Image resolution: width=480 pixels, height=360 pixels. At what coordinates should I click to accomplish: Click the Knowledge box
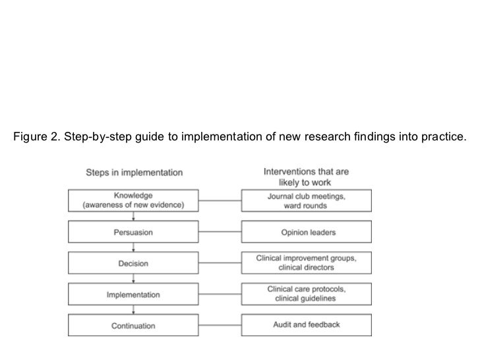[x=133, y=200]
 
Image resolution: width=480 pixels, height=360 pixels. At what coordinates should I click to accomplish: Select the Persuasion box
[x=133, y=231]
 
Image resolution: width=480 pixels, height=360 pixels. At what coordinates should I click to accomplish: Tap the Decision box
[x=133, y=263]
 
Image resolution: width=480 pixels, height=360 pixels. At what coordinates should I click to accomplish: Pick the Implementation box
[x=133, y=295]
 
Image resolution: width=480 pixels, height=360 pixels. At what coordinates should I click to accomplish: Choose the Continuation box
[x=133, y=326]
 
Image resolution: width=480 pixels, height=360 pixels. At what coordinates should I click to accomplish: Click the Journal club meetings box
[x=306, y=200]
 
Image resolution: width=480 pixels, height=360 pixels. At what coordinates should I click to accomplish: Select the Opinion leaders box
[x=306, y=231]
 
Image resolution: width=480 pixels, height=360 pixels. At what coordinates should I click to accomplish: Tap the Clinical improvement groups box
[x=306, y=263]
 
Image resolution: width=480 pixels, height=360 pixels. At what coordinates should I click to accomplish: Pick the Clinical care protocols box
[x=306, y=295]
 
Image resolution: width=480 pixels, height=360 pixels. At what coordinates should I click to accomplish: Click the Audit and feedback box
[x=306, y=326]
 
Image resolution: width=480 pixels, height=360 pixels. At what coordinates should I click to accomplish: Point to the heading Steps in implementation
[x=135, y=173]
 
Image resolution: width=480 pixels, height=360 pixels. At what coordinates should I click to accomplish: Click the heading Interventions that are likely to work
[x=306, y=177]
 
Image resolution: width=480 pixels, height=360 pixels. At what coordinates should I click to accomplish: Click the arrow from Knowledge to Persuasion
[x=133, y=216]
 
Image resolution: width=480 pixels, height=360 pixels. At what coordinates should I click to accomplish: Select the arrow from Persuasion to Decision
[x=133, y=247]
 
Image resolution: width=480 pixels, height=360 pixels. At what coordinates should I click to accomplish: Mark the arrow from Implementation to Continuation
[x=133, y=311]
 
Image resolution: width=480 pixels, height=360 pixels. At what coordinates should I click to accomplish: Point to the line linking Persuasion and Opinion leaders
[x=220, y=231]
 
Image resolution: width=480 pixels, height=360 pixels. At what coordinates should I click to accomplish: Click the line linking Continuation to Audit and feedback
[x=220, y=326]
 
